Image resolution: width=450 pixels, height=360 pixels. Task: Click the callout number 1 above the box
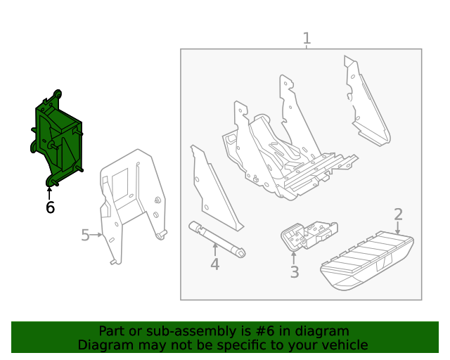(306, 38)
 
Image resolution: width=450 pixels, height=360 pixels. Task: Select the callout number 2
(398, 214)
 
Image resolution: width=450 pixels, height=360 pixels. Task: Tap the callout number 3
(294, 272)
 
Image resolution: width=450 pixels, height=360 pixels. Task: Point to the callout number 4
(214, 264)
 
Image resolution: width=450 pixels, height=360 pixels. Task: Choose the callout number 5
(85, 235)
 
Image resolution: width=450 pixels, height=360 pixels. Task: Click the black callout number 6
(50, 207)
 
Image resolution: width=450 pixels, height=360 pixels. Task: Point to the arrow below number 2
(398, 228)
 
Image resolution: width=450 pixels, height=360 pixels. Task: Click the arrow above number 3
(294, 257)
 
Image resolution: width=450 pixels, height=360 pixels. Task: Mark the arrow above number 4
(214, 249)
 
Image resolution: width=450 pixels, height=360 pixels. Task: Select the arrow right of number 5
(98, 234)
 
